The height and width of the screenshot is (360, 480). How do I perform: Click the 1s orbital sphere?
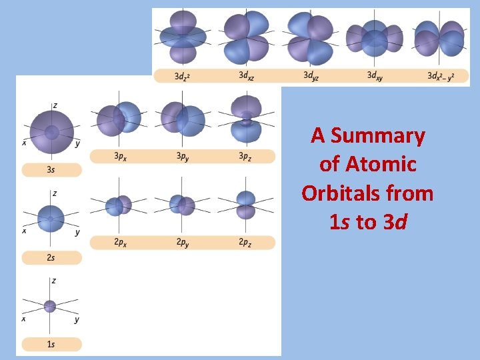click(50, 306)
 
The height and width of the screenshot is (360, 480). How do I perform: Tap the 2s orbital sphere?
click(51, 219)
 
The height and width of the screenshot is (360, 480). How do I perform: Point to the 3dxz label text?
click(246, 75)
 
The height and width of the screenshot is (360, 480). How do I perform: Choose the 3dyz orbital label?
click(311, 75)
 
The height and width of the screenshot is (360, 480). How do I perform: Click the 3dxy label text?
click(375, 75)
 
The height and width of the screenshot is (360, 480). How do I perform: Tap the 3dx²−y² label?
click(440, 76)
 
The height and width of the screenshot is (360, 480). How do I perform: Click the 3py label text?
click(182, 156)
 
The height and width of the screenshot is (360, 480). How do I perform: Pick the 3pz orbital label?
click(245, 156)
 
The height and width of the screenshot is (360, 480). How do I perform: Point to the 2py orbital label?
click(182, 243)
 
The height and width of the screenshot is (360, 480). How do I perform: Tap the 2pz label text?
click(245, 243)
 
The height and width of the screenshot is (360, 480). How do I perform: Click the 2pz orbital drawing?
click(246, 205)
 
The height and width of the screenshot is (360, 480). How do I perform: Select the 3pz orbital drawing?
click(246, 119)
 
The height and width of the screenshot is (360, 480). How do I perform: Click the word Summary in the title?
click(377, 136)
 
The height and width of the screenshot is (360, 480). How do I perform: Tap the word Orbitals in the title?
click(367, 193)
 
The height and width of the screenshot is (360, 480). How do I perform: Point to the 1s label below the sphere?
click(51, 344)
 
